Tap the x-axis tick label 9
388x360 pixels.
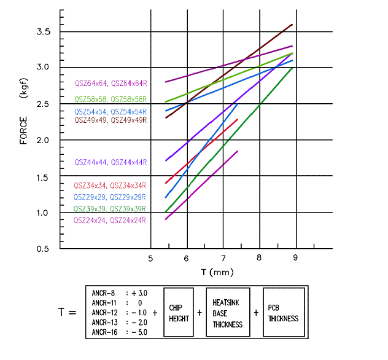pyautogui.click(x=296, y=259)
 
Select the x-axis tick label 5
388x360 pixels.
pyautogui.click(x=151, y=259)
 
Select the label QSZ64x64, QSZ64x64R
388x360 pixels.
pyautogui.click(x=111, y=82)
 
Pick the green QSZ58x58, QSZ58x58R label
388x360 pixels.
pyautogui.click(x=111, y=98)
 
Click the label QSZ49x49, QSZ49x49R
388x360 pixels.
pyautogui.click(x=111, y=120)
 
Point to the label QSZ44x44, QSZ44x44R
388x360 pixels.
pyautogui.click(x=111, y=162)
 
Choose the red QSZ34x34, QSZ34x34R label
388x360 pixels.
pyautogui.click(x=111, y=186)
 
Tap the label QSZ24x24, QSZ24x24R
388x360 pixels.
pyautogui.click(x=111, y=220)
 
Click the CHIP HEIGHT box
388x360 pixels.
pyautogui.click(x=176, y=313)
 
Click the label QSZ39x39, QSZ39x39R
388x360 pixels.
pyautogui.click(x=111, y=208)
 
